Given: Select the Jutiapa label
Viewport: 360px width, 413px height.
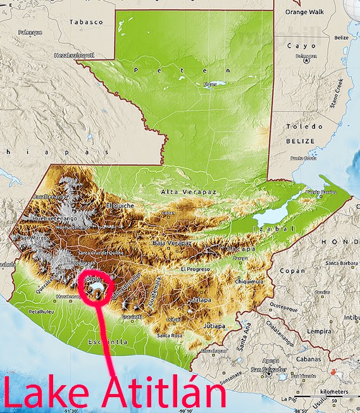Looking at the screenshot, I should [x=215, y=326].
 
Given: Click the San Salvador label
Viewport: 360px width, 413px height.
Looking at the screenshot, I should [x=266, y=369].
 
